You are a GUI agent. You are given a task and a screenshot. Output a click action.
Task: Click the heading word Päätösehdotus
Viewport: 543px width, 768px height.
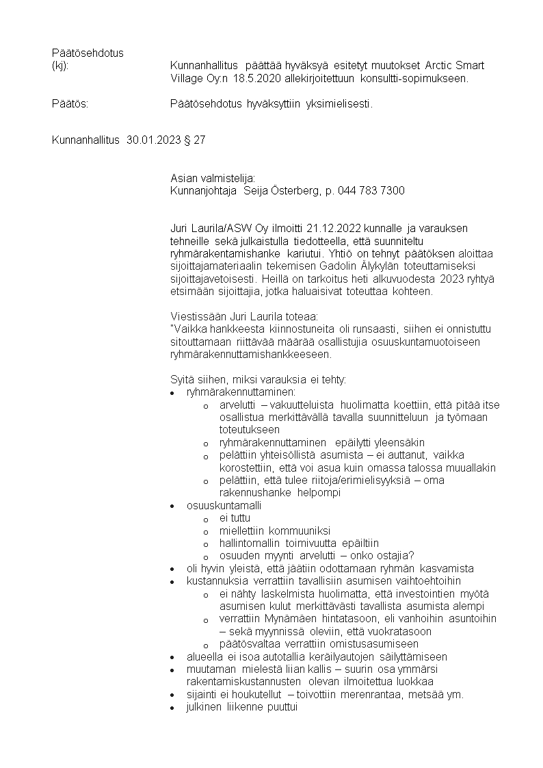pos(88,53)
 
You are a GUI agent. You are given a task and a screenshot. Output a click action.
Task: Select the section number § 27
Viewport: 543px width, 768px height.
pos(194,140)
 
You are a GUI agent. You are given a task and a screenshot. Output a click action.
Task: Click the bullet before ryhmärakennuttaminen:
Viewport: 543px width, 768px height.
pos(172,394)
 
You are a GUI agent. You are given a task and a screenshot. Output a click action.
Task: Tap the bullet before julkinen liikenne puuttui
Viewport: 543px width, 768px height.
pos(172,708)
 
